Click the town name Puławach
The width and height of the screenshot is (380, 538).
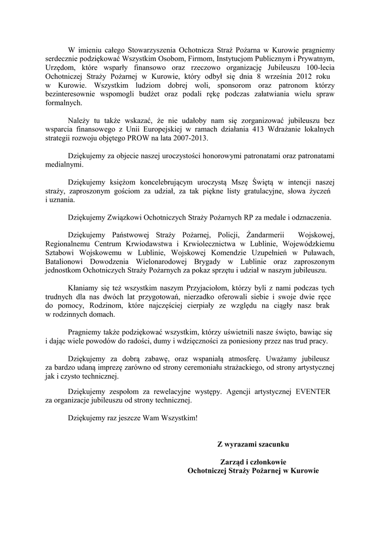[320, 253]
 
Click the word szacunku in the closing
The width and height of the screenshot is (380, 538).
[270, 444]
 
